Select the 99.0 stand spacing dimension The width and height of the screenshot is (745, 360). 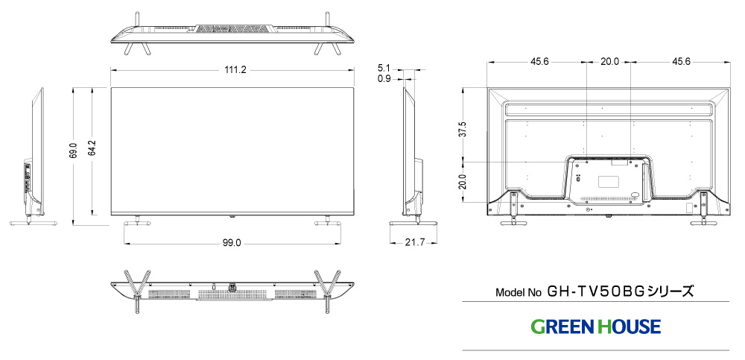click(231, 243)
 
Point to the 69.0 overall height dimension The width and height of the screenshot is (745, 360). click(73, 151)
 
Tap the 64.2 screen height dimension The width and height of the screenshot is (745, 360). click(92, 151)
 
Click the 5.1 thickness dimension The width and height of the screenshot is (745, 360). click(384, 67)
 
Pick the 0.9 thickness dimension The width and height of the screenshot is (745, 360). click(384, 78)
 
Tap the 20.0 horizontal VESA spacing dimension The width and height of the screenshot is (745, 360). click(609, 61)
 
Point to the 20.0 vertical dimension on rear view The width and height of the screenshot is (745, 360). click(463, 181)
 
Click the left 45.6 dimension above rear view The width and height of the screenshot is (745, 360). click(540, 61)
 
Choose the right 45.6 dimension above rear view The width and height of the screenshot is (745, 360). click(680, 61)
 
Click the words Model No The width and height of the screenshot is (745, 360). click(519, 292)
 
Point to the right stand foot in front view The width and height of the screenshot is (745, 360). click(326, 221)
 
